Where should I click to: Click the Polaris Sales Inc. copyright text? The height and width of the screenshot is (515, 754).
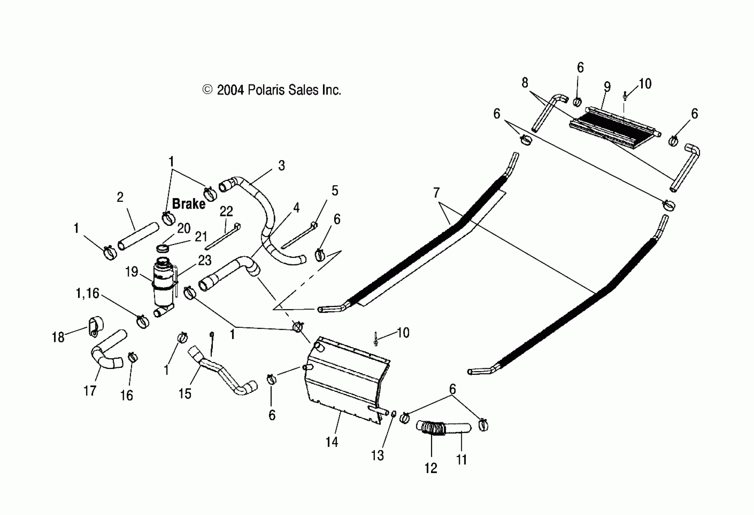[x=272, y=90]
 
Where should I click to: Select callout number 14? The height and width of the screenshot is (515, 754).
[x=332, y=442]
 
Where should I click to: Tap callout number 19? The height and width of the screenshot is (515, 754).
[x=132, y=272]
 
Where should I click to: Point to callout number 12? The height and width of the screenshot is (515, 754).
[x=431, y=468]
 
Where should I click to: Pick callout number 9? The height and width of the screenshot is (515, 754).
[x=607, y=87]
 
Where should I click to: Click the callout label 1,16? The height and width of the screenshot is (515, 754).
[x=87, y=293]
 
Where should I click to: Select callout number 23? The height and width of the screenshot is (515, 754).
[x=205, y=260]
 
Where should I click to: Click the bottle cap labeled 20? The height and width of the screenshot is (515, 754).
[x=163, y=249]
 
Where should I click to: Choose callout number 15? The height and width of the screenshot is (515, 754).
[x=185, y=394]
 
